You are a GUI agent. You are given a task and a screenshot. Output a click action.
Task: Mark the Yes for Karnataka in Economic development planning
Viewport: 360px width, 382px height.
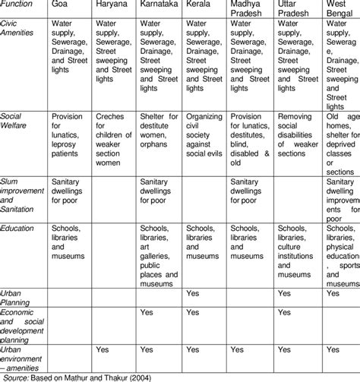coord(149,311)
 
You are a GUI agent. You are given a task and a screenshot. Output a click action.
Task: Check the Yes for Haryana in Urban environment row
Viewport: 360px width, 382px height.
coord(104,350)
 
